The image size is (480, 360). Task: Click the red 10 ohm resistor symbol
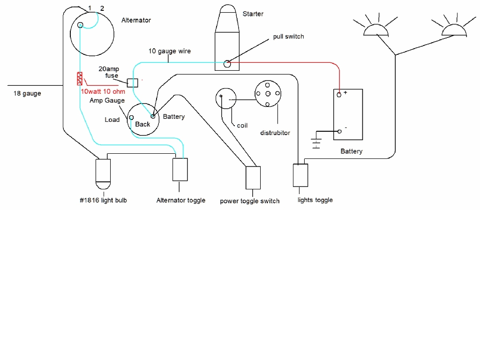click(x=80, y=79)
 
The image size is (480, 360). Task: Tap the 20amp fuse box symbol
click(x=133, y=82)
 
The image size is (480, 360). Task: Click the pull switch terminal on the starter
click(x=227, y=64)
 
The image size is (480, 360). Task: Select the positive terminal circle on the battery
click(x=338, y=95)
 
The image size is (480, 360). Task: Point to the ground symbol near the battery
click(x=316, y=142)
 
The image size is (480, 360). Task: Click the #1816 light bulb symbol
click(x=103, y=172)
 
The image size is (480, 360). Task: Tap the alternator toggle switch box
click(x=180, y=169)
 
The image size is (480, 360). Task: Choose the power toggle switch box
click(x=253, y=178)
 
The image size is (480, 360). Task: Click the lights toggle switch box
click(x=300, y=175)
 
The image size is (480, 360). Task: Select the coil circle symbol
click(x=226, y=99)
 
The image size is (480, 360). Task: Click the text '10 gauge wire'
click(x=170, y=51)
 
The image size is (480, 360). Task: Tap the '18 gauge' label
click(x=27, y=93)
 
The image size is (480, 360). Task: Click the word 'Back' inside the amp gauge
click(x=142, y=124)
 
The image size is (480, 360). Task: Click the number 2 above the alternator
click(x=102, y=8)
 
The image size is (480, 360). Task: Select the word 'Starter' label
click(x=253, y=14)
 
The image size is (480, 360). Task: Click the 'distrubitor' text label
click(x=275, y=133)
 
